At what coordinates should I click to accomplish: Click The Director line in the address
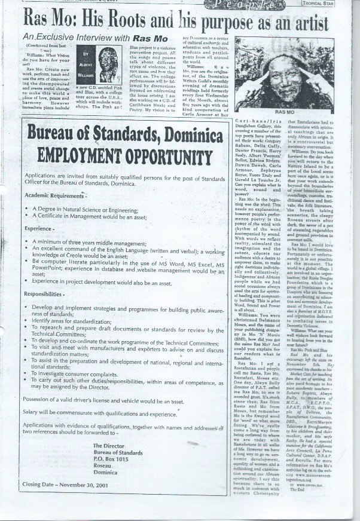point(108,462)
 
